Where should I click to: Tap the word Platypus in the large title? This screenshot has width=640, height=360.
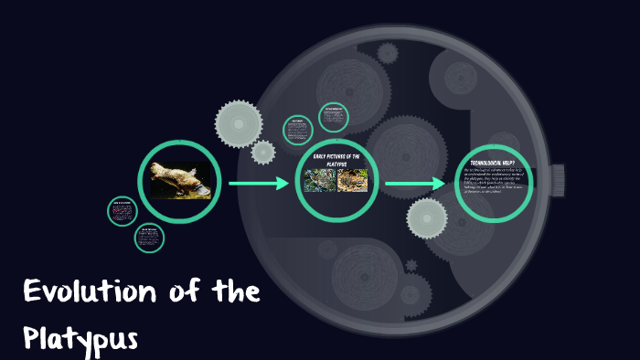tap(80, 338)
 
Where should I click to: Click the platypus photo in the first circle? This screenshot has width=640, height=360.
tap(179, 179)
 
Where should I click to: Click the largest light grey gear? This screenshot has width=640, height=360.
tap(239, 122)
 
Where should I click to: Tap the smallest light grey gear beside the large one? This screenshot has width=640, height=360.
tap(263, 152)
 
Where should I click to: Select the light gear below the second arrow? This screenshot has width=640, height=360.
tap(427, 217)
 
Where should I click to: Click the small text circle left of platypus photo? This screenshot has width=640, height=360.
tap(122, 211)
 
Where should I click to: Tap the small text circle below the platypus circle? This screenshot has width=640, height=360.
tap(148, 238)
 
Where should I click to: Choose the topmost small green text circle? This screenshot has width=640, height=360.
tap(333, 117)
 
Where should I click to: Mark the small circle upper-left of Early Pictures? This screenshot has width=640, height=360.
tap(298, 131)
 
